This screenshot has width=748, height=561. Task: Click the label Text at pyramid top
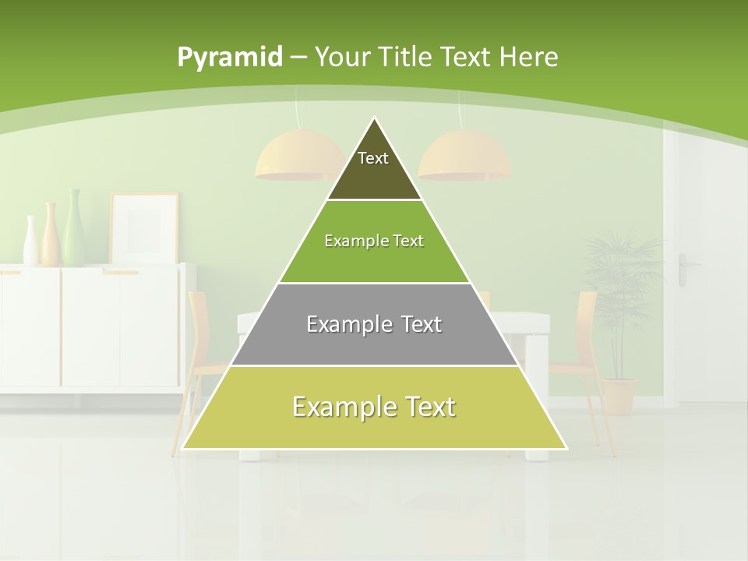373,158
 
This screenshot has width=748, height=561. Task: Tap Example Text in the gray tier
374,324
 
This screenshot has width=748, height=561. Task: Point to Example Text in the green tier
374,241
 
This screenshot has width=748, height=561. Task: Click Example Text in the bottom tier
374,407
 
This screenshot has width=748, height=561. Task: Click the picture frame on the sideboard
144,228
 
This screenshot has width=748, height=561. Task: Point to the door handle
683,270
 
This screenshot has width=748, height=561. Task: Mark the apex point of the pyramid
375,118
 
